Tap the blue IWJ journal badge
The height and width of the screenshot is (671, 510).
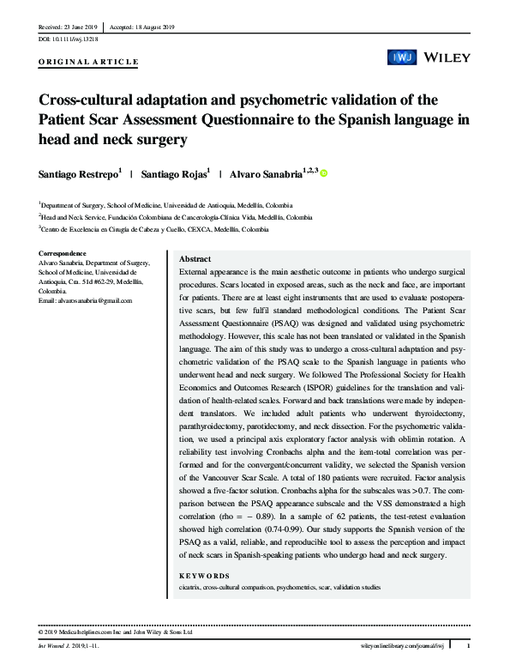click(x=402, y=57)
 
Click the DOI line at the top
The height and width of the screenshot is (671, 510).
click(x=69, y=39)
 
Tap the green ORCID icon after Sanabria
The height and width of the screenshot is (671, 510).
click(x=324, y=172)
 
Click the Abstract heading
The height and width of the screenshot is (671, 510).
click(x=195, y=259)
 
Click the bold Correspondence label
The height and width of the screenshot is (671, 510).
click(x=63, y=253)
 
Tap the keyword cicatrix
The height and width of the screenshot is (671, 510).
click(x=190, y=587)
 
